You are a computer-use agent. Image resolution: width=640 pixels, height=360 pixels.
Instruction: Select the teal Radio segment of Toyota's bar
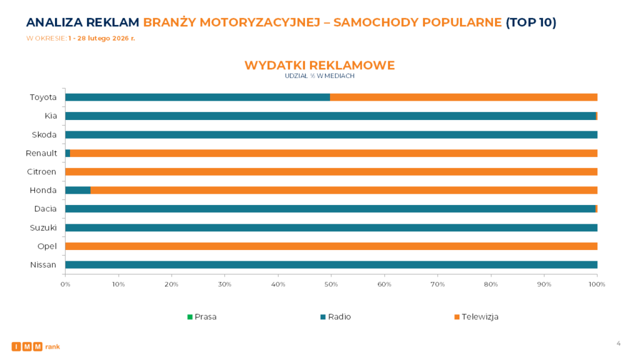(x=197, y=97)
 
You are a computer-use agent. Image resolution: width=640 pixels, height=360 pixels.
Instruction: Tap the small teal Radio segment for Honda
(x=78, y=190)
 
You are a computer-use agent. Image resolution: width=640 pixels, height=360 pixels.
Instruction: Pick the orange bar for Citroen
(x=331, y=171)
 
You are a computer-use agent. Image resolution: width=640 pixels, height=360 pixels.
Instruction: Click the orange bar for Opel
(x=331, y=246)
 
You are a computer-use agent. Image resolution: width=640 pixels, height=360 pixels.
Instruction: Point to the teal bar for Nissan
(x=331, y=264)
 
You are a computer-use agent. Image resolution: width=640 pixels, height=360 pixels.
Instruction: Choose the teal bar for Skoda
(x=331, y=134)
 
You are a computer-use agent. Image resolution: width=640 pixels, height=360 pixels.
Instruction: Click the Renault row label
(x=41, y=153)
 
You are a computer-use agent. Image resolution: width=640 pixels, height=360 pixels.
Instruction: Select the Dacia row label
(x=46, y=209)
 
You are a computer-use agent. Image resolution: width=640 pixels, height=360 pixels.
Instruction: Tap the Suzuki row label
(x=44, y=227)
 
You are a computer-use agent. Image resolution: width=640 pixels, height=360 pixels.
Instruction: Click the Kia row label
(x=51, y=116)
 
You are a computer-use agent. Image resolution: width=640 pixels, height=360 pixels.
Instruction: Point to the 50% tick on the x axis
(x=331, y=285)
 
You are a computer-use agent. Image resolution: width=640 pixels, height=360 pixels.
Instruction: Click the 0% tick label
(x=65, y=285)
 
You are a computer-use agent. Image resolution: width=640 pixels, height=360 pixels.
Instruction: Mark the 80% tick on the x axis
(x=491, y=285)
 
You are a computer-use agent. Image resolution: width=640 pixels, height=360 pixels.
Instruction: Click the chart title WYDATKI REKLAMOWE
(x=319, y=66)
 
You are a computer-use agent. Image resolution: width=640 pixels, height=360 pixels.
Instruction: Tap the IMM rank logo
(x=36, y=346)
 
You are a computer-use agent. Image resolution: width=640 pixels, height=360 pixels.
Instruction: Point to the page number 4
(x=618, y=342)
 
